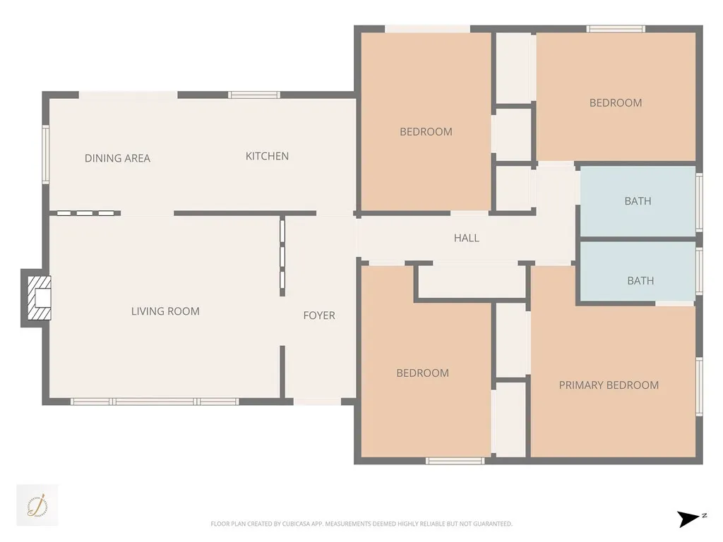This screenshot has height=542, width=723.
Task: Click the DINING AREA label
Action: click(x=117, y=158)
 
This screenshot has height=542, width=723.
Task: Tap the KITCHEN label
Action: click(x=267, y=156)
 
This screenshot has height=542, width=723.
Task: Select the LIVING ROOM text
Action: click(x=165, y=311)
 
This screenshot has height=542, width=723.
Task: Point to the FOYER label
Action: click(x=319, y=315)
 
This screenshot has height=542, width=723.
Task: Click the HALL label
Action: click(x=466, y=239)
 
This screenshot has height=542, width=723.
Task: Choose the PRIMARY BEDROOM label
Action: click(x=609, y=385)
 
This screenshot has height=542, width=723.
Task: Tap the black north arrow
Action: click(x=687, y=519)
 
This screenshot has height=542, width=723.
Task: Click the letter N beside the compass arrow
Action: click(x=704, y=516)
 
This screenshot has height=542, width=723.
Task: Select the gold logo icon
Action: click(x=37, y=505)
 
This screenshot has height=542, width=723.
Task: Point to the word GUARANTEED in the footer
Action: click(x=493, y=524)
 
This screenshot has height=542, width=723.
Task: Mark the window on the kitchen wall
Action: click(x=253, y=95)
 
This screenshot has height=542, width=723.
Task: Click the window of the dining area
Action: click(x=46, y=155)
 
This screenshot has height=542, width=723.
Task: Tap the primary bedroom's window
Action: click(x=699, y=385)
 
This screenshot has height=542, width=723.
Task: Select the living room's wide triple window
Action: click(x=155, y=402)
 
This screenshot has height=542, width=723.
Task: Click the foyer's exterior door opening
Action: click(x=317, y=402)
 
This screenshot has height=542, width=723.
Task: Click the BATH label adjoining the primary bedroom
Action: click(x=640, y=281)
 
